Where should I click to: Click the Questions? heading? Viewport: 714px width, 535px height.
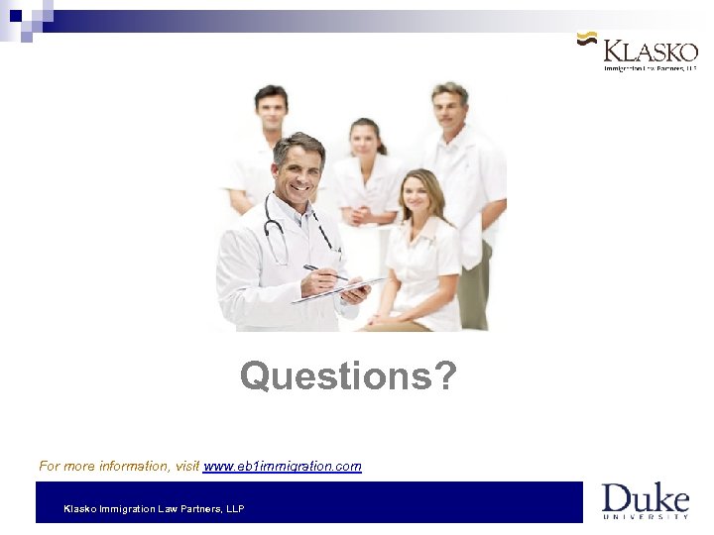[x=348, y=376]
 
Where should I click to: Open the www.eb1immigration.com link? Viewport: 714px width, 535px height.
[x=283, y=466]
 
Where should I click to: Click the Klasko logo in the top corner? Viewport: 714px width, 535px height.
[x=639, y=51]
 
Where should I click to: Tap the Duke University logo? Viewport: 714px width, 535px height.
[x=645, y=500]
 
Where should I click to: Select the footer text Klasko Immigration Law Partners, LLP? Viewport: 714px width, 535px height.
[x=154, y=509]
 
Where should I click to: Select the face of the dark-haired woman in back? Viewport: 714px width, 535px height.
[x=366, y=140]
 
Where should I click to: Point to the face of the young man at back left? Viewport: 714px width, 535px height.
[x=271, y=109]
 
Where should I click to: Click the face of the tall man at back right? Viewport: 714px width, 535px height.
[x=449, y=105]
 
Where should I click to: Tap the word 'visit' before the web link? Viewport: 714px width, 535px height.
[x=187, y=466]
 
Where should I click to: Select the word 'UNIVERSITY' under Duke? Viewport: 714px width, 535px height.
[x=646, y=516]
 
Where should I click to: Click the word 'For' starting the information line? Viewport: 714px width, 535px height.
[x=49, y=466]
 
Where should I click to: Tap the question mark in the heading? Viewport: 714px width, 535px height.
[x=445, y=376]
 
